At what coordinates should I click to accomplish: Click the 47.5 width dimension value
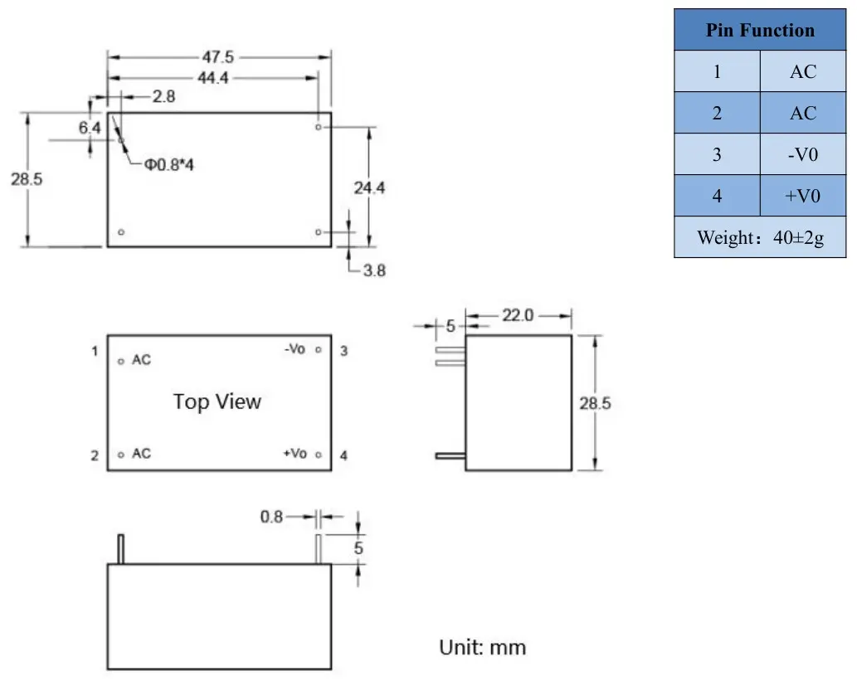(x=218, y=57)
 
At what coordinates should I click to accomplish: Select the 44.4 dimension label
(x=212, y=78)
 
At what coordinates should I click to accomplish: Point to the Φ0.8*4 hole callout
(x=169, y=164)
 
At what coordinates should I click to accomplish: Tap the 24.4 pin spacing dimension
(x=369, y=188)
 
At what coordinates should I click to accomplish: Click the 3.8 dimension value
(x=374, y=270)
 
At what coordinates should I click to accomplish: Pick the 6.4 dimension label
(x=90, y=128)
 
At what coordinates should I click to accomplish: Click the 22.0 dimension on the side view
(x=518, y=315)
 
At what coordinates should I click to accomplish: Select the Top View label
(x=217, y=401)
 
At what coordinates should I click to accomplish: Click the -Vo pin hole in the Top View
(x=319, y=350)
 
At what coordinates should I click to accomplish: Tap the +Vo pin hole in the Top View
(x=319, y=455)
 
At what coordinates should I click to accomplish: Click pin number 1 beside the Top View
(x=95, y=351)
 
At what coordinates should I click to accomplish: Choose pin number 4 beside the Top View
(x=343, y=455)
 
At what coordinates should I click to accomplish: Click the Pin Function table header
(x=760, y=30)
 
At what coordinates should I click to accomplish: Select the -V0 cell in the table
(x=803, y=154)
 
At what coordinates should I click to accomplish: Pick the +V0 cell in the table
(x=803, y=196)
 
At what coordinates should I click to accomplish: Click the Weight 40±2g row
(x=760, y=237)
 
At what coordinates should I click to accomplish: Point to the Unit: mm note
(x=483, y=647)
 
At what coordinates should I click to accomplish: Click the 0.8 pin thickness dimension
(x=271, y=517)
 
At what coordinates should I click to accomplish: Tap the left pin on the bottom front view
(x=121, y=549)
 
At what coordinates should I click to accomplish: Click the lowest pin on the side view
(x=450, y=455)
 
